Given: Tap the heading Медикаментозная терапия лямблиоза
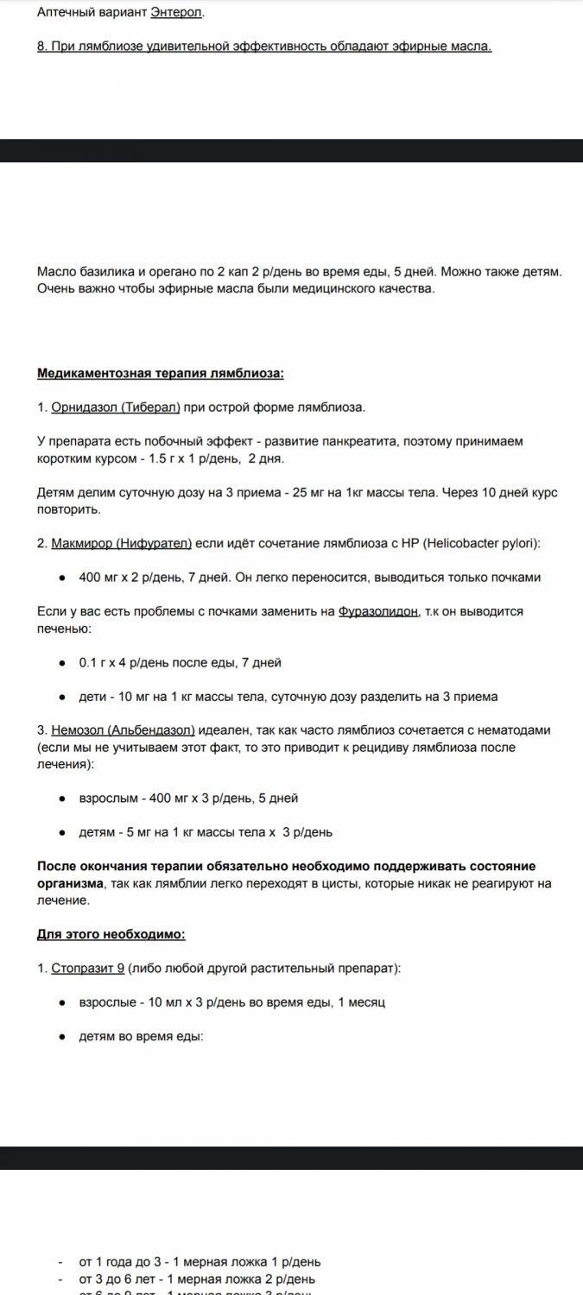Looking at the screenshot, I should click(x=161, y=373).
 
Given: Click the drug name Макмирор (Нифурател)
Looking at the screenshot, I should click(x=122, y=543).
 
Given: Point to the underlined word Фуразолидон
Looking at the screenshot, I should click(x=378, y=611).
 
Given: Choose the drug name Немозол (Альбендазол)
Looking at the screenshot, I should click(x=123, y=730).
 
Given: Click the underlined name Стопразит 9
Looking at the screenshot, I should click(x=87, y=969).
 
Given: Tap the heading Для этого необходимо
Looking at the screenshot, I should click(x=111, y=935).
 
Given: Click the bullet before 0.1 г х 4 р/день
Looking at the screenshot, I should click(x=63, y=663).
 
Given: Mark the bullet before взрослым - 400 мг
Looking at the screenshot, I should click(x=63, y=799).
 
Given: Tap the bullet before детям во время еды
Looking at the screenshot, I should click(x=63, y=1037).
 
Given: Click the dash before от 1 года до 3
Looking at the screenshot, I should click(x=60, y=1262).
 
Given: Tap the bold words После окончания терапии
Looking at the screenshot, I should click(x=120, y=866).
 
